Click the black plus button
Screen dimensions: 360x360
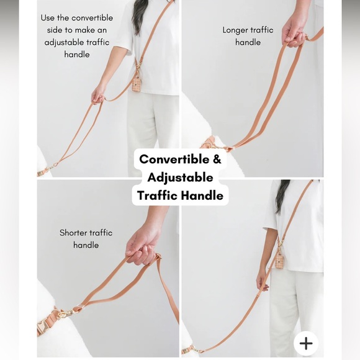(x=306, y=343)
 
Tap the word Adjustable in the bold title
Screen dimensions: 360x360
(x=181, y=178)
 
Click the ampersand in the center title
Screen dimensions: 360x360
(x=217, y=159)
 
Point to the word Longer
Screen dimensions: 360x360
(x=235, y=30)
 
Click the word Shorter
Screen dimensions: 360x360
(x=73, y=233)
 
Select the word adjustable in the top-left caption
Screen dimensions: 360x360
(x=64, y=43)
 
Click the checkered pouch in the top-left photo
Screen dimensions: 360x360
(x=137, y=84)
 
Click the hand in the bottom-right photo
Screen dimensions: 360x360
(x=262, y=283)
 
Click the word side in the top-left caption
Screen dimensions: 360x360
(x=55, y=30)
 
